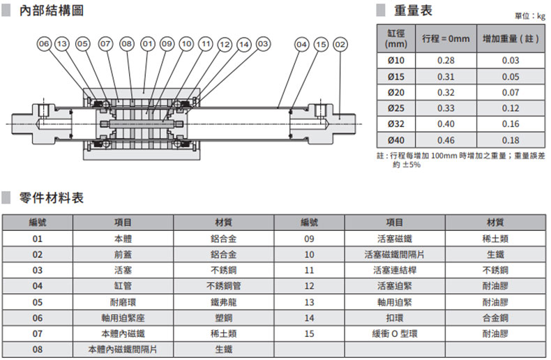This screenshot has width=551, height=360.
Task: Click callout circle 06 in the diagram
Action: pyautogui.click(x=44, y=43)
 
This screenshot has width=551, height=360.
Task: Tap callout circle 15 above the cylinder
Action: pyautogui.click(x=321, y=44)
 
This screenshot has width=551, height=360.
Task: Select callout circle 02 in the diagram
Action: pyautogui.click(x=340, y=44)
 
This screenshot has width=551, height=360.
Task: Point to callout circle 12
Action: pyautogui.click(x=225, y=44)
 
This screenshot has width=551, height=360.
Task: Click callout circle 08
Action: pyautogui.click(x=127, y=43)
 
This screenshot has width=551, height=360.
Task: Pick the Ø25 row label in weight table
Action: pyautogui.click(x=396, y=108)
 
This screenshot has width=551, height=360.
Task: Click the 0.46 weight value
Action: pyautogui.click(x=446, y=140)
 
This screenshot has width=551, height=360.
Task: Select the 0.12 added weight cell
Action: pyautogui.click(x=511, y=108)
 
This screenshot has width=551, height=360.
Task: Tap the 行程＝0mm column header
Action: pyautogui.click(x=446, y=38)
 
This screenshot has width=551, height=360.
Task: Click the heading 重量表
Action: pyautogui.click(x=413, y=10)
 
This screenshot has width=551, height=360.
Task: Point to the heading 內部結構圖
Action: pyautogui.click(x=52, y=10)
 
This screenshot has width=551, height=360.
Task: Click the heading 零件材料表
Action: pyautogui.click(x=52, y=198)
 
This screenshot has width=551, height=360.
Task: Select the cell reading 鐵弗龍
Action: pyautogui.click(x=223, y=302)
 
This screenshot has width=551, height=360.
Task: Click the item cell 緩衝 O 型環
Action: pyautogui.click(x=395, y=333)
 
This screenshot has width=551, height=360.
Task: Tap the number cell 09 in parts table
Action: pyautogui.click(x=309, y=239)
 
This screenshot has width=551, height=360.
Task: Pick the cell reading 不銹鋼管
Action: pyautogui.click(x=223, y=286)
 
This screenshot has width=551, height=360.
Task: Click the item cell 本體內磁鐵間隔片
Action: pyautogui.click(x=123, y=350)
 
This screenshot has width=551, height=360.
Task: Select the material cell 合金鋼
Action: pyautogui.click(x=495, y=318)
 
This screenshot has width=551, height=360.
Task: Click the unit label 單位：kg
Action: pyautogui.click(x=530, y=16)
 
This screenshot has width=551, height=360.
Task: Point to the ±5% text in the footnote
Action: pyautogui.click(x=411, y=165)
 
